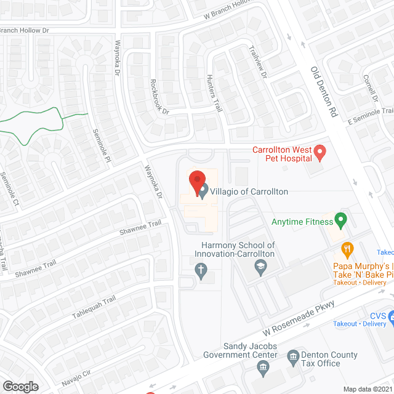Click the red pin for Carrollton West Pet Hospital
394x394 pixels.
click(320, 152)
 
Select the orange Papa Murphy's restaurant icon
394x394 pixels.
click(347, 249)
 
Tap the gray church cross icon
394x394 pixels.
click(200, 269)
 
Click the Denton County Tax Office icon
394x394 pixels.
click(294, 355)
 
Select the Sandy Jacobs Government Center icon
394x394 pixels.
click(263, 368)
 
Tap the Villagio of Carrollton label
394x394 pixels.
click(249, 191)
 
